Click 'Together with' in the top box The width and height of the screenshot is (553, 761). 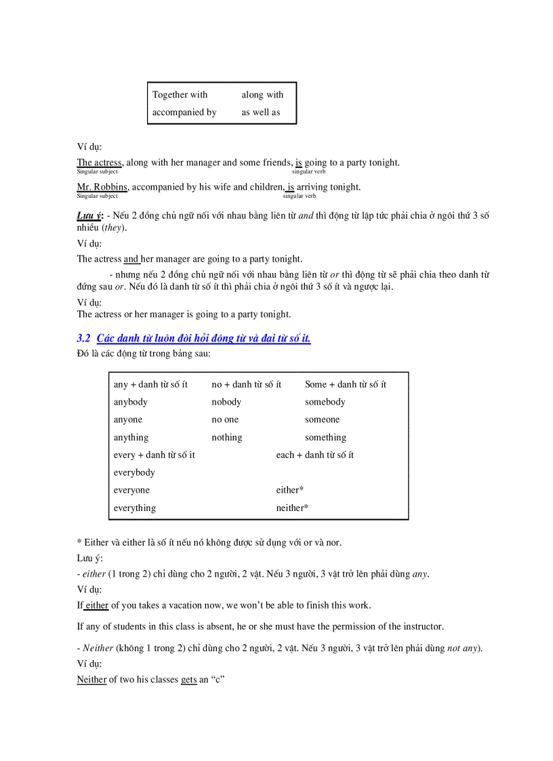tap(180, 95)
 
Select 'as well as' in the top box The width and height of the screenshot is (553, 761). tap(261, 112)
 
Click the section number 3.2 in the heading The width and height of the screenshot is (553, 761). tap(84, 338)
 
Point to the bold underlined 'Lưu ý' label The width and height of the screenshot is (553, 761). tap(88, 216)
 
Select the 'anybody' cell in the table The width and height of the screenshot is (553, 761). tap(131, 402)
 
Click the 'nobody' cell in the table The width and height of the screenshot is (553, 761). tap(226, 402)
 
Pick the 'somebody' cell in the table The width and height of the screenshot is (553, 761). tap(325, 402)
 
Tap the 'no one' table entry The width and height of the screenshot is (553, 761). tap(225, 419)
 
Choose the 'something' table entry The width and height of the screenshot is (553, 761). tap(325, 438)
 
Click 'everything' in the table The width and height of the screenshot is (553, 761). tap(135, 508)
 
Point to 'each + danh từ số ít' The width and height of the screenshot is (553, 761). tap(314, 455)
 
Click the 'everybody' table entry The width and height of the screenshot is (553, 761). tap(134, 472)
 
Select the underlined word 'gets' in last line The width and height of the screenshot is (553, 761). tap(188, 680)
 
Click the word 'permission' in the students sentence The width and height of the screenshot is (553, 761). tap(337, 626)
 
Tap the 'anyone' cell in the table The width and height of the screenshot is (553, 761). tap(128, 419)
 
